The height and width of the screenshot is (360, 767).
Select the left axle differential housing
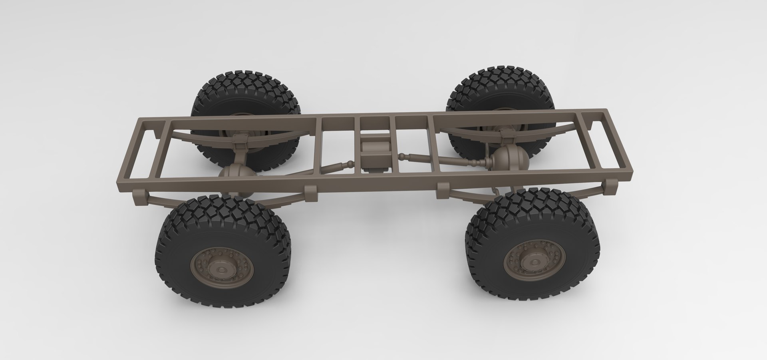click(234, 175)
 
